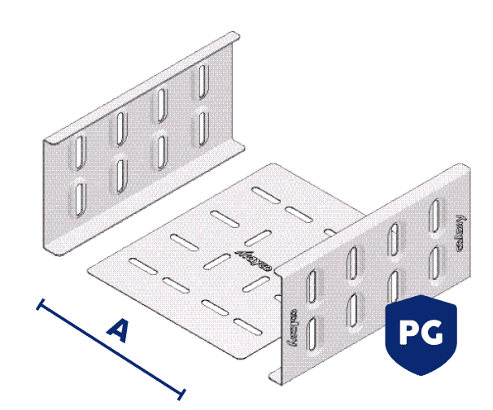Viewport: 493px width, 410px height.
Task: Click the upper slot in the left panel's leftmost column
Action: point(80,149)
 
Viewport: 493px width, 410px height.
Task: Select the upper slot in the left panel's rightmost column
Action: point(201,80)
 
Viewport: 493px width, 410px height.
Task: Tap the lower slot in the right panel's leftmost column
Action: point(313,334)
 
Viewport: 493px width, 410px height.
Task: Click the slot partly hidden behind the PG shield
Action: point(395,286)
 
